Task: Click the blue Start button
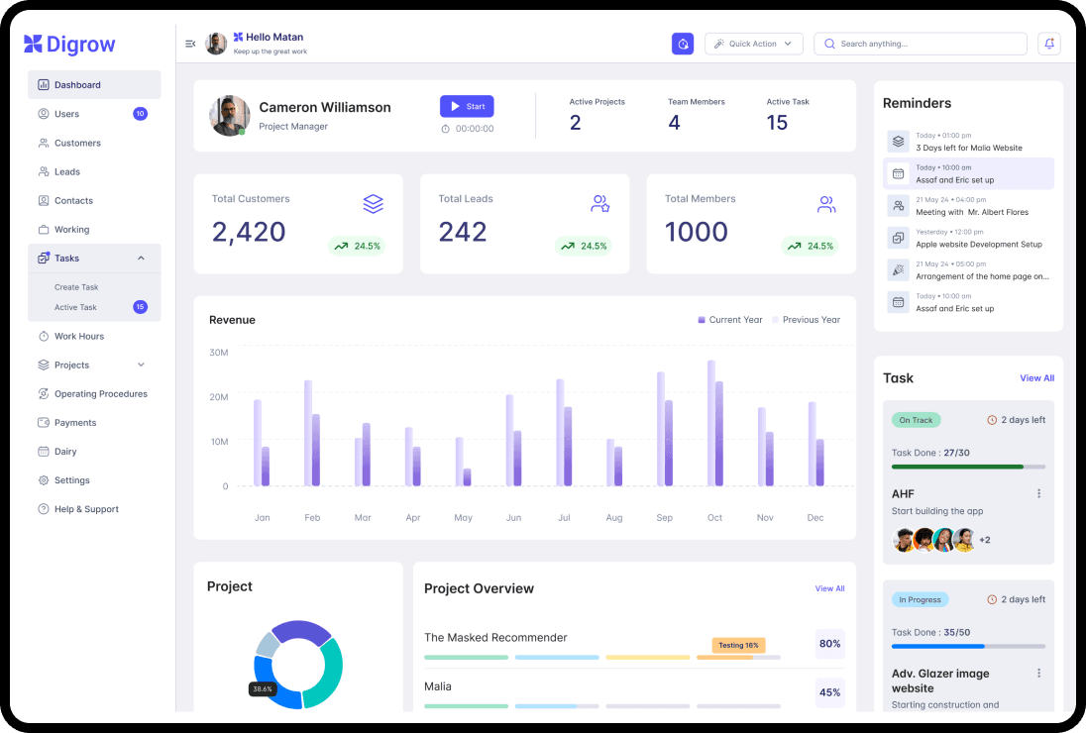point(467,106)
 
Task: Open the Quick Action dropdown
point(753,44)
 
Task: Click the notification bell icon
point(1048,44)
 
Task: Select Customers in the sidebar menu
point(77,143)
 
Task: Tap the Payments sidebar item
point(75,423)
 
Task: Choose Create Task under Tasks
point(76,287)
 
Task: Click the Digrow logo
point(70,45)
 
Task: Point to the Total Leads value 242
point(463,232)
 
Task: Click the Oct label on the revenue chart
point(714,518)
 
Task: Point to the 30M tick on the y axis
point(219,353)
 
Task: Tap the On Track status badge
point(916,420)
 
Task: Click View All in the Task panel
point(1036,378)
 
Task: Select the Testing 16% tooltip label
point(738,645)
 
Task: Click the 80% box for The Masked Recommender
point(829,644)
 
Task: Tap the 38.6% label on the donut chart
point(263,688)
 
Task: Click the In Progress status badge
point(920,599)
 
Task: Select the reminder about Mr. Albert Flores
point(971,212)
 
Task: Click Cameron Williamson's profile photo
point(229,116)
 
